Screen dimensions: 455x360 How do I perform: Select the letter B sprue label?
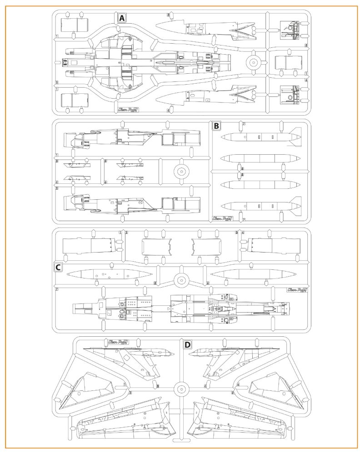point(216,125)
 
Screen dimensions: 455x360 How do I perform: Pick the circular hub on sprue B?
point(181,171)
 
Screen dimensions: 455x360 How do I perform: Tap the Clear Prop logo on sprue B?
point(223,218)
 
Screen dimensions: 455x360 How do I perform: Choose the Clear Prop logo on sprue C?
point(295,289)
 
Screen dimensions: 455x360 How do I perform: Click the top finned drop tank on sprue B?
point(261,136)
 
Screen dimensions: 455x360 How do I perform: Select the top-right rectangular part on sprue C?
point(273,246)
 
